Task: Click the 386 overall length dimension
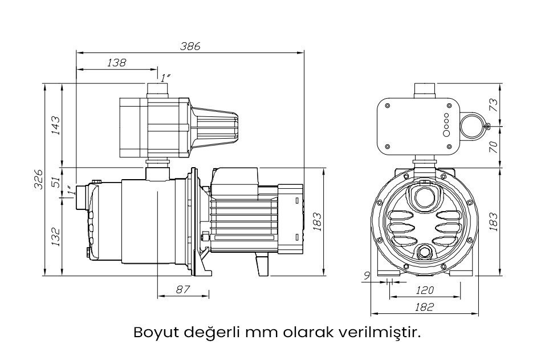[190, 47]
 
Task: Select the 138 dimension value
[116, 63]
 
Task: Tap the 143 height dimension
[55, 126]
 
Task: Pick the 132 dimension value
[55, 234]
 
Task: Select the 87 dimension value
[182, 290]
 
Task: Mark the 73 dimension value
[494, 104]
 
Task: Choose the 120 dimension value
[425, 290]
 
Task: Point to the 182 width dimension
[425, 307]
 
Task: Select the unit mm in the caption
[261, 332]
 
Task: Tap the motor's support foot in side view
[262, 265]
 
